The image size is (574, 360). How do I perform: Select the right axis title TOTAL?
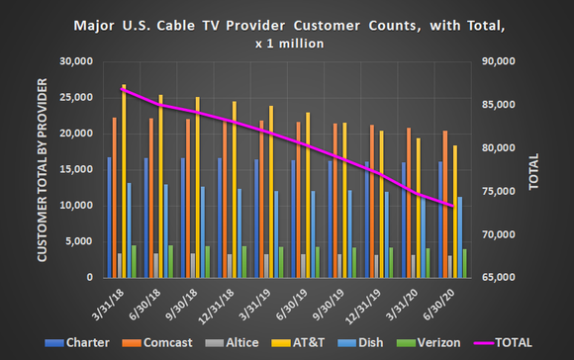(x=533, y=170)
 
